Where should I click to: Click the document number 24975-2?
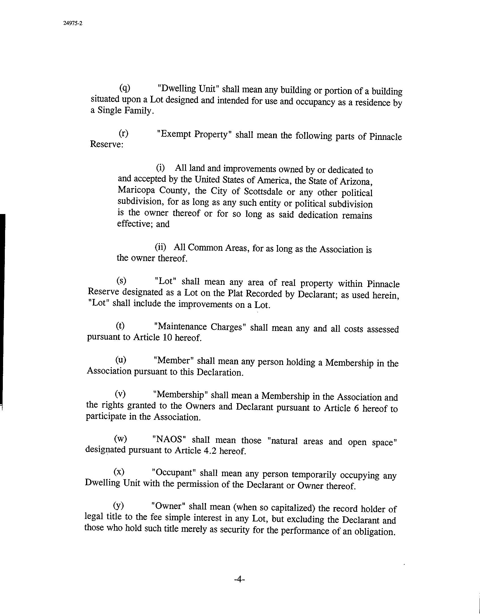73,24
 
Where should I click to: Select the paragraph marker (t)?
120,326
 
